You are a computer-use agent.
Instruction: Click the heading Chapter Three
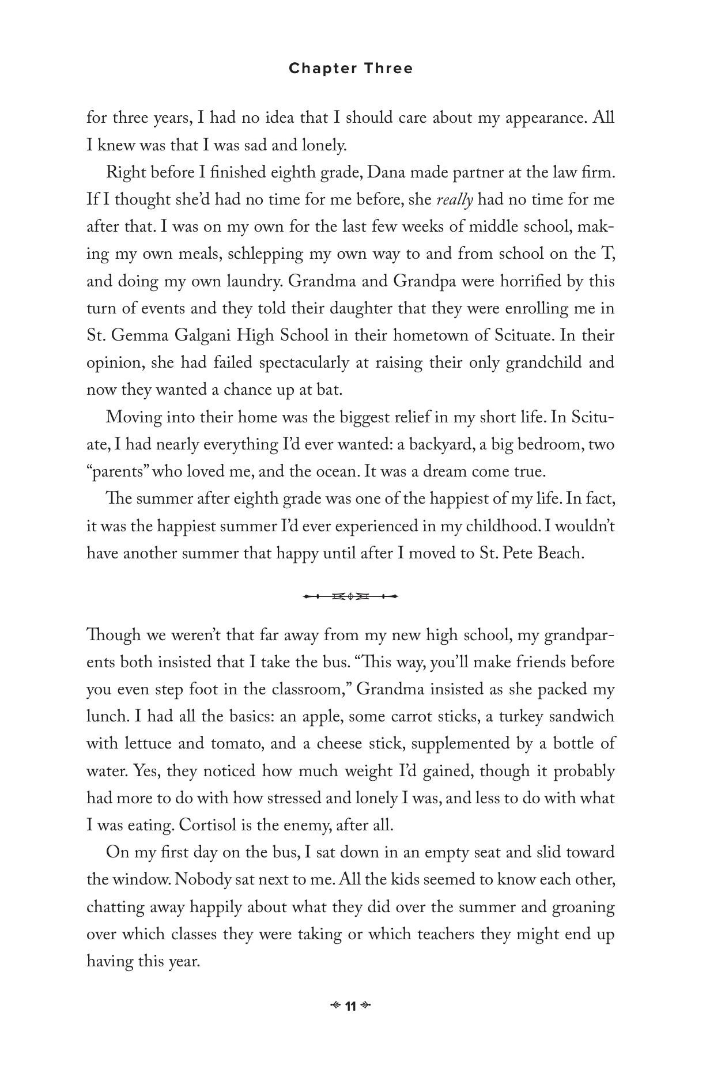click(350, 69)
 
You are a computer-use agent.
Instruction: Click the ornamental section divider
click(350, 596)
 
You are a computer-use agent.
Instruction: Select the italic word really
click(455, 201)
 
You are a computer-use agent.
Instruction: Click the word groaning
click(583, 908)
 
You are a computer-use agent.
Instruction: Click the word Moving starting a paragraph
click(134, 417)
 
